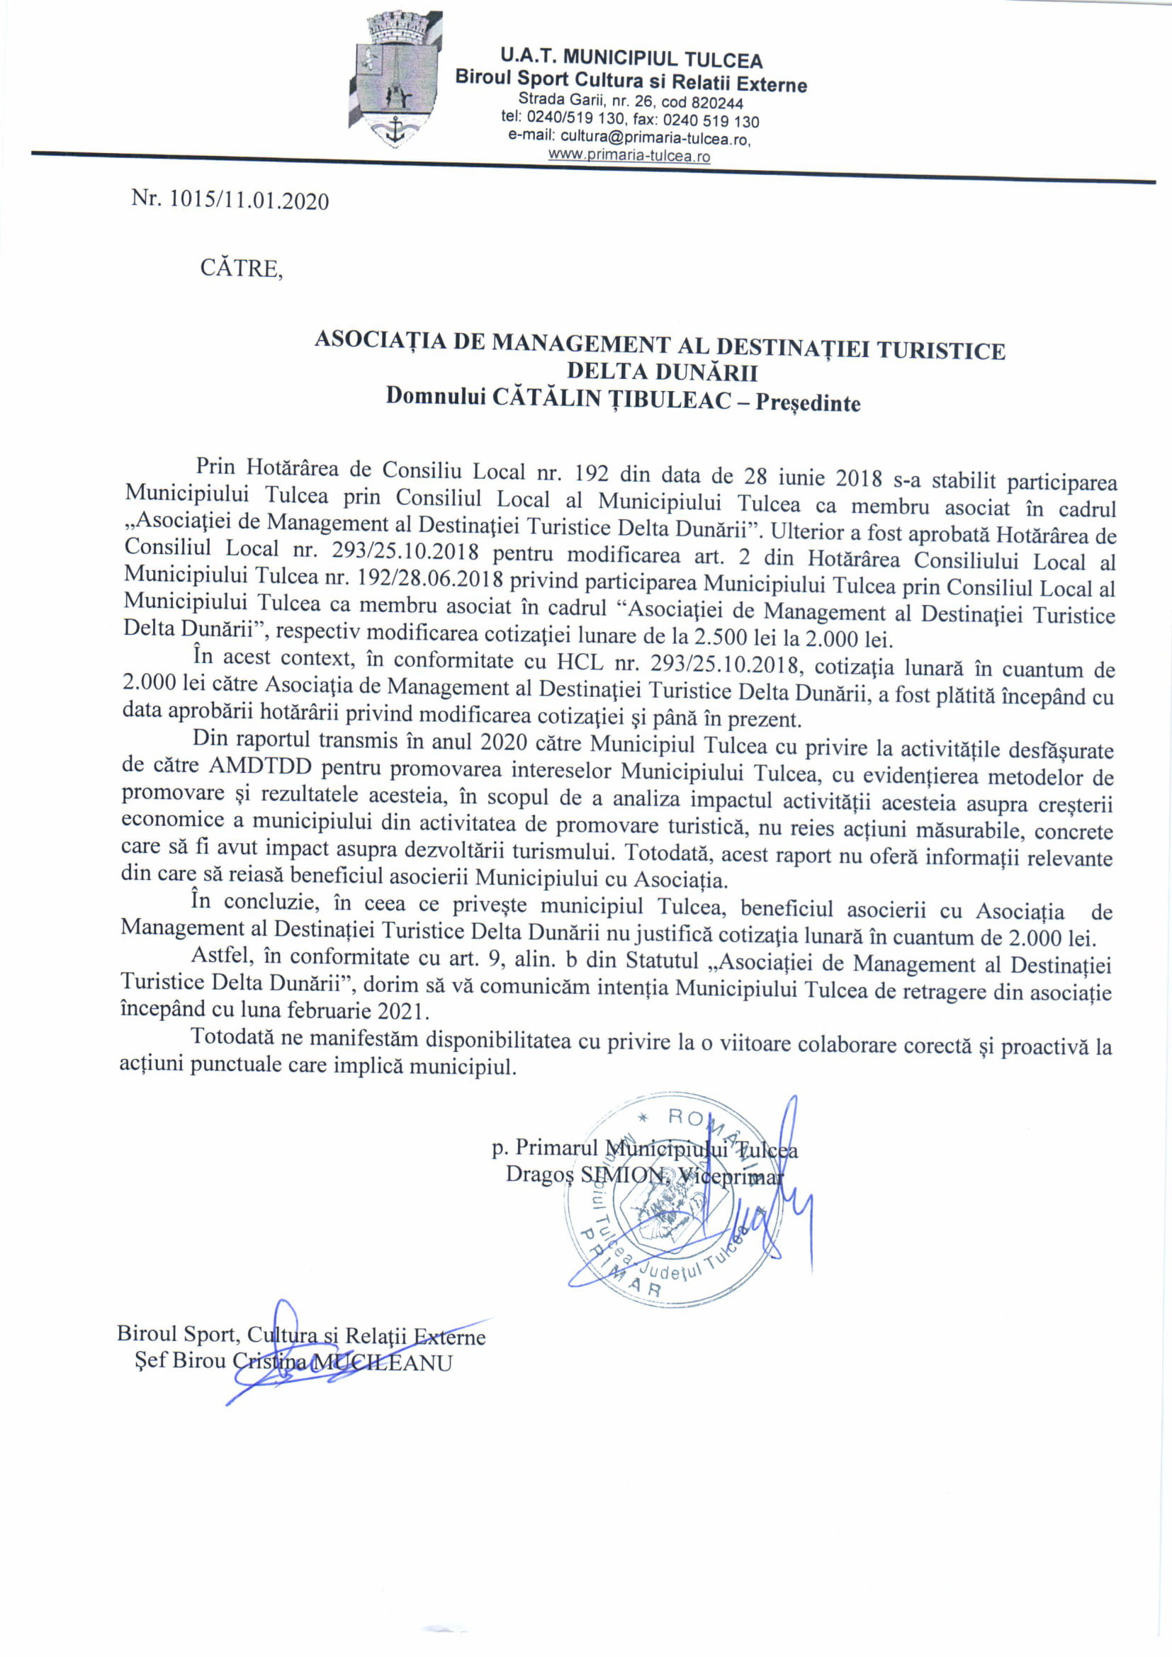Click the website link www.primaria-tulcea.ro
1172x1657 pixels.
click(629, 155)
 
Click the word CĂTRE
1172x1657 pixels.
click(241, 268)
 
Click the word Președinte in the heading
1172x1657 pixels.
click(808, 402)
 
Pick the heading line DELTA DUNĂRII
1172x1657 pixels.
click(661, 373)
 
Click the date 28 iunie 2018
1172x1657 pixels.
click(808, 477)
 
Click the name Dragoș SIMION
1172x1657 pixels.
click(587, 1174)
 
